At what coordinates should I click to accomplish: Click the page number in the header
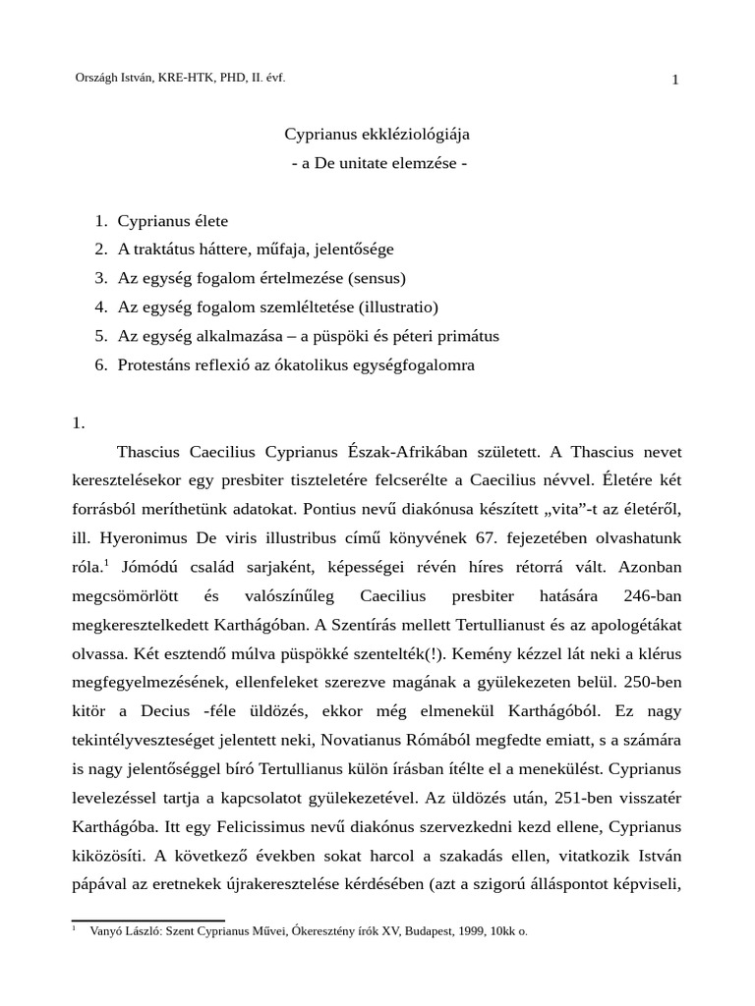[x=675, y=80]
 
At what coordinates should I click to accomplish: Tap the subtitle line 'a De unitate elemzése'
[x=378, y=162]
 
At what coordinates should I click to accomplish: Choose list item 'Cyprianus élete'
[x=173, y=221]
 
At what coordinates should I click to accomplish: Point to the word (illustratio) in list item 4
[x=396, y=307]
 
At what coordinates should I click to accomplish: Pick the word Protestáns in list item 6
[x=155, y=363]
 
